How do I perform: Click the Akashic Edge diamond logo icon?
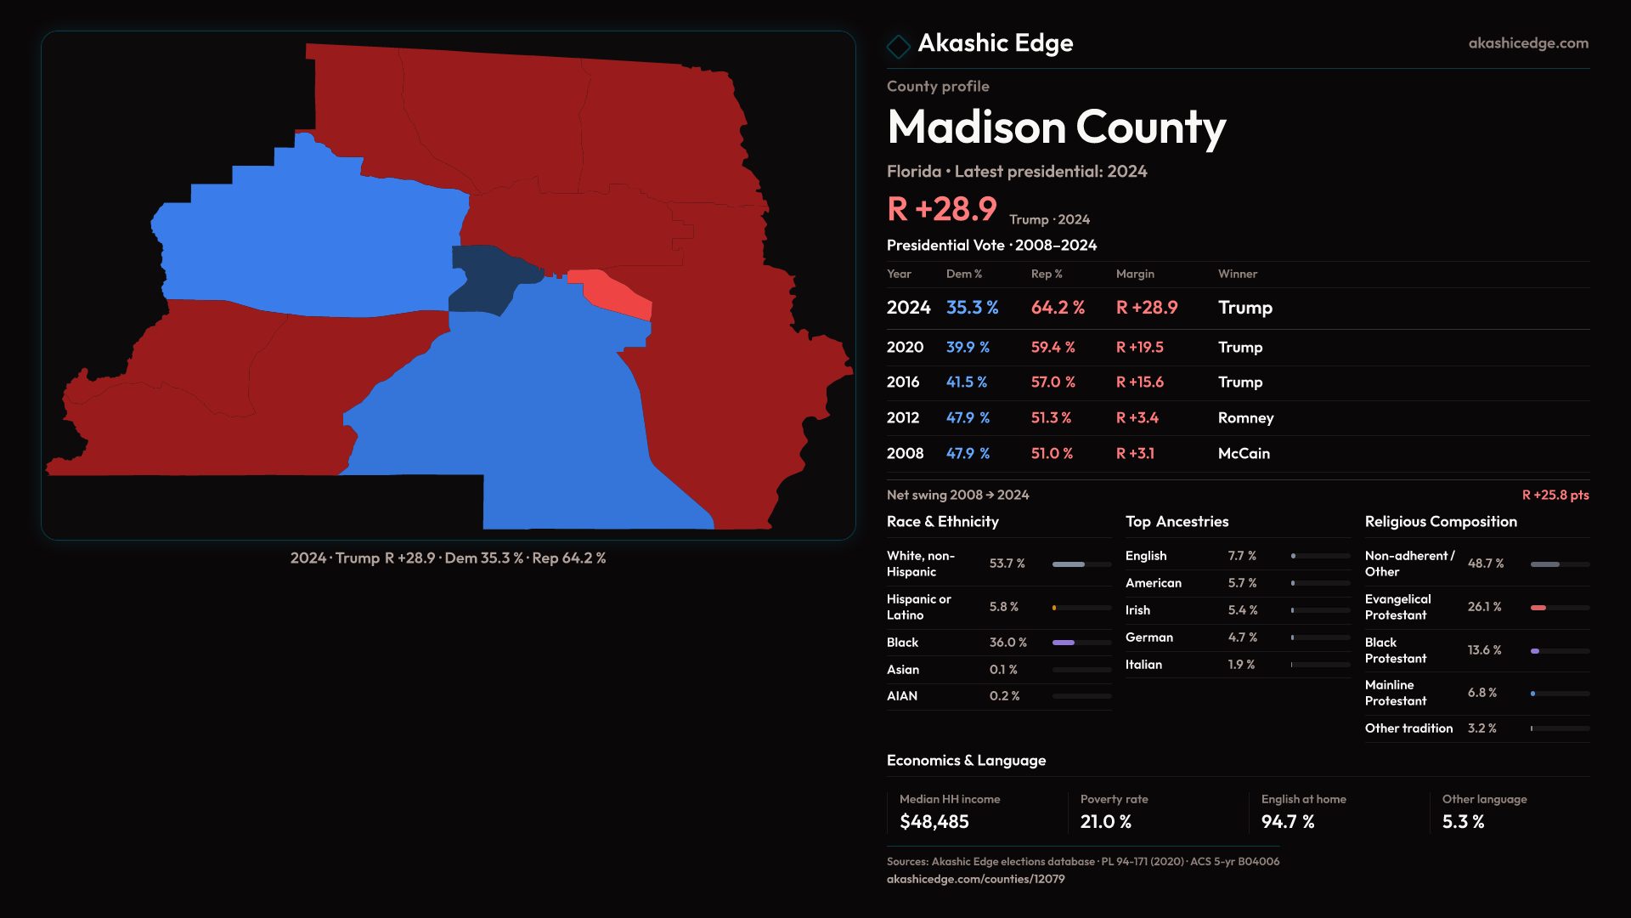click(x=898, y=46)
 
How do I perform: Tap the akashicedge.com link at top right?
click(x=1527, y=43)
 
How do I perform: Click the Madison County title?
click(x=1056, y=127)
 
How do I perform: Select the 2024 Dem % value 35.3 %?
click(x=972, y=308)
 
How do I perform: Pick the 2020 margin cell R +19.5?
click(x=1139, y=348)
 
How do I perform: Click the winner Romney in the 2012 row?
click(x=1245, y=418)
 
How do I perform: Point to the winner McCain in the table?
click(x=1244, y=454)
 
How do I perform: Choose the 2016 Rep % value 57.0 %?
click(x=1053, y=382)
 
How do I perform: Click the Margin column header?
click(x=1135, y=274)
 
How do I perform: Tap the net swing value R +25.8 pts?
click(x=1555, y=495)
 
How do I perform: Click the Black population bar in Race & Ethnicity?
click(x=1064, y=643)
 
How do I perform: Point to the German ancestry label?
click(x=1148, y=637)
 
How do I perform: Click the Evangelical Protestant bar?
click(x=1538, y=608)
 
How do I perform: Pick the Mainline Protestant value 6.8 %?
click(x=1481, y=693)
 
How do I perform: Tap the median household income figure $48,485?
click(x=934, y=822)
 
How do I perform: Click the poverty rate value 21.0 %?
click(x=1105, y=822)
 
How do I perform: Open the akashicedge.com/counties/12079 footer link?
click(x=975, y=879)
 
